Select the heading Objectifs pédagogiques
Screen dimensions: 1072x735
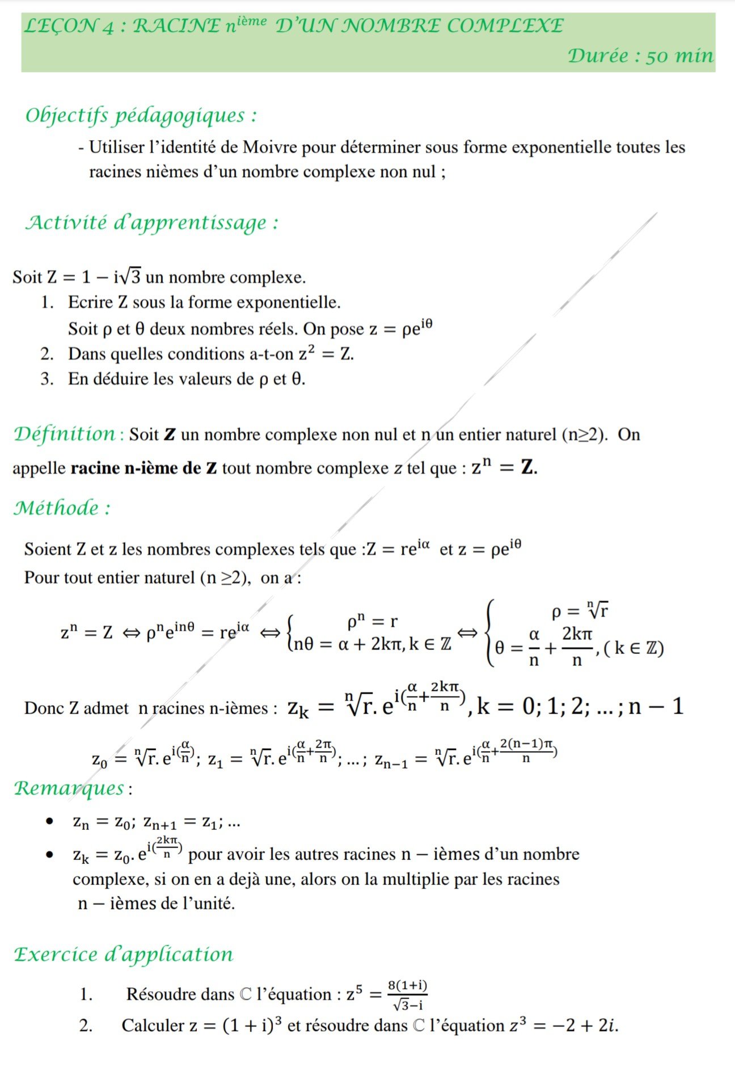141,115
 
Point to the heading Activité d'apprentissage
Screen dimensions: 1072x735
151,222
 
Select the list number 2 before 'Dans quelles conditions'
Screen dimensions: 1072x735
47,354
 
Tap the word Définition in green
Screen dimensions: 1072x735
65,434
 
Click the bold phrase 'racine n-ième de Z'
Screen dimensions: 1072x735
143,469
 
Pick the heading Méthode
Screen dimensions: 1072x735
61,508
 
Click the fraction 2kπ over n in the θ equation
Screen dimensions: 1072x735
577,646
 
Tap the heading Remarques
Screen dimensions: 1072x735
69,788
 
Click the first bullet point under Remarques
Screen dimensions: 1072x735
50,821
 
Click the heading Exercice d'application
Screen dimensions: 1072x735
124,955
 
